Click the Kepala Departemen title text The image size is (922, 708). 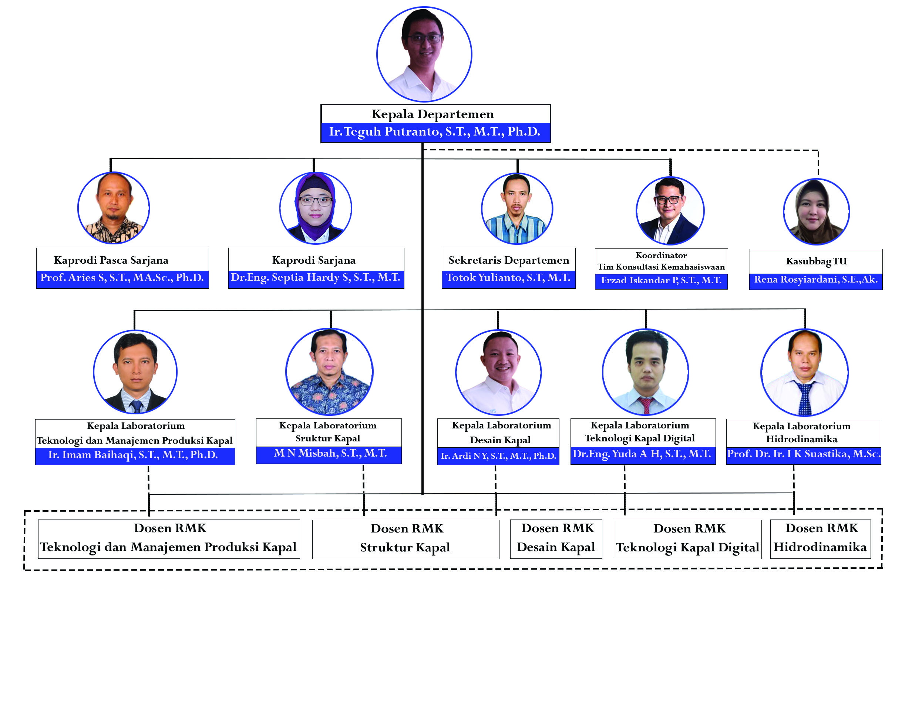[x=433, y=114]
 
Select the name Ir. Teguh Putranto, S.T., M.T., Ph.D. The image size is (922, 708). [x=434, y=132]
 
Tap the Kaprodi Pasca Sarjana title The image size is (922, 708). [x=111, y=260]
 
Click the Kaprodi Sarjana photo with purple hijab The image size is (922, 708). [x=315, y=207]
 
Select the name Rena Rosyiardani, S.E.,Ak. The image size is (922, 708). [x=815, y=280]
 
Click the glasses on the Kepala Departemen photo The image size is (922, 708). [x=424, y=39]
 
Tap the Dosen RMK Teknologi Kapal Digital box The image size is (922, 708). [x=687, y=539]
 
